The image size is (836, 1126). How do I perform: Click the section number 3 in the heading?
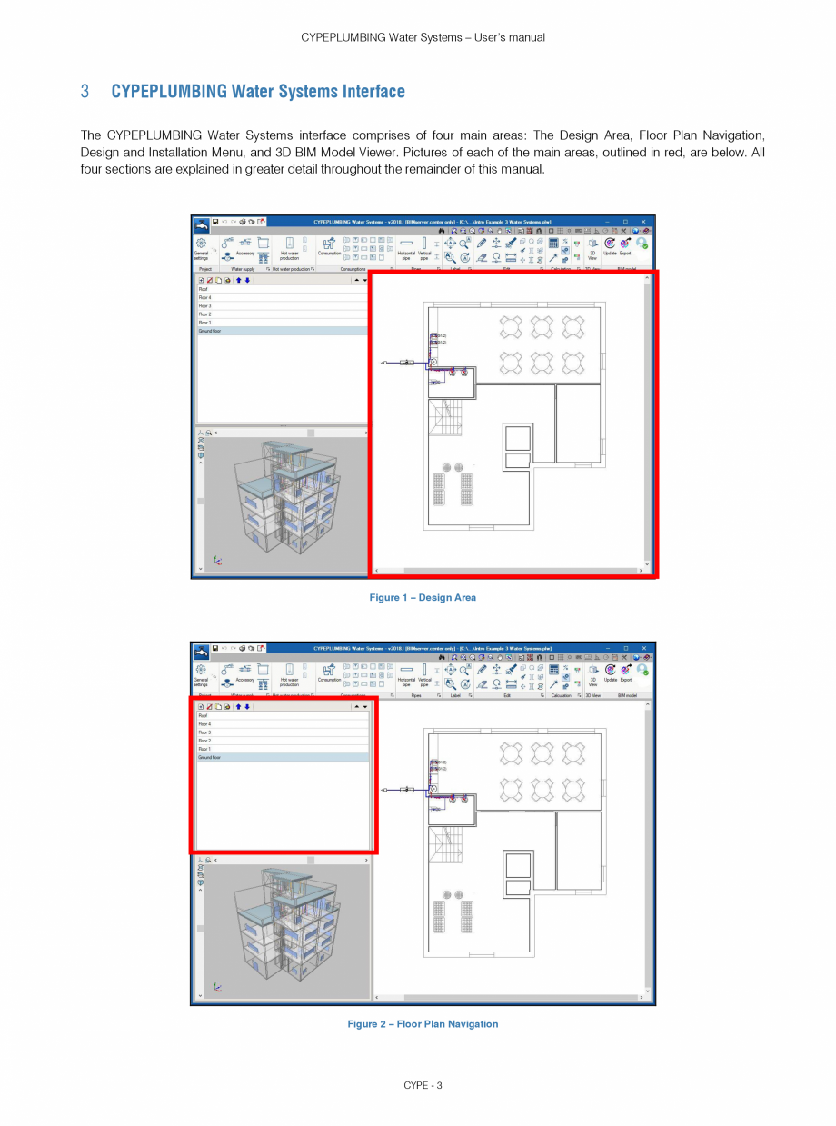[85, 92]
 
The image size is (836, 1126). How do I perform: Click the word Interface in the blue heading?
[373, 92]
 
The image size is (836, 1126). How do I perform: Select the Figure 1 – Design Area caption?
[423, 598]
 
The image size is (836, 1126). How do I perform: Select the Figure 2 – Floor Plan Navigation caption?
[423, 1024]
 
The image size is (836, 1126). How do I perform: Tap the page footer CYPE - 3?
[423, 1086]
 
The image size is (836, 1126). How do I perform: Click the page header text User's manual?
[506, 37]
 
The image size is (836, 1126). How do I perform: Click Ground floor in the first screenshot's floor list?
[210, 332]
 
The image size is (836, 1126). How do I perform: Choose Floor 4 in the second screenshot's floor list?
[204, 724]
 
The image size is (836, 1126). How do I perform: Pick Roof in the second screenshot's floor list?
[203, 716]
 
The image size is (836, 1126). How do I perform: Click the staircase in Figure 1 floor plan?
[447, 419]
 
